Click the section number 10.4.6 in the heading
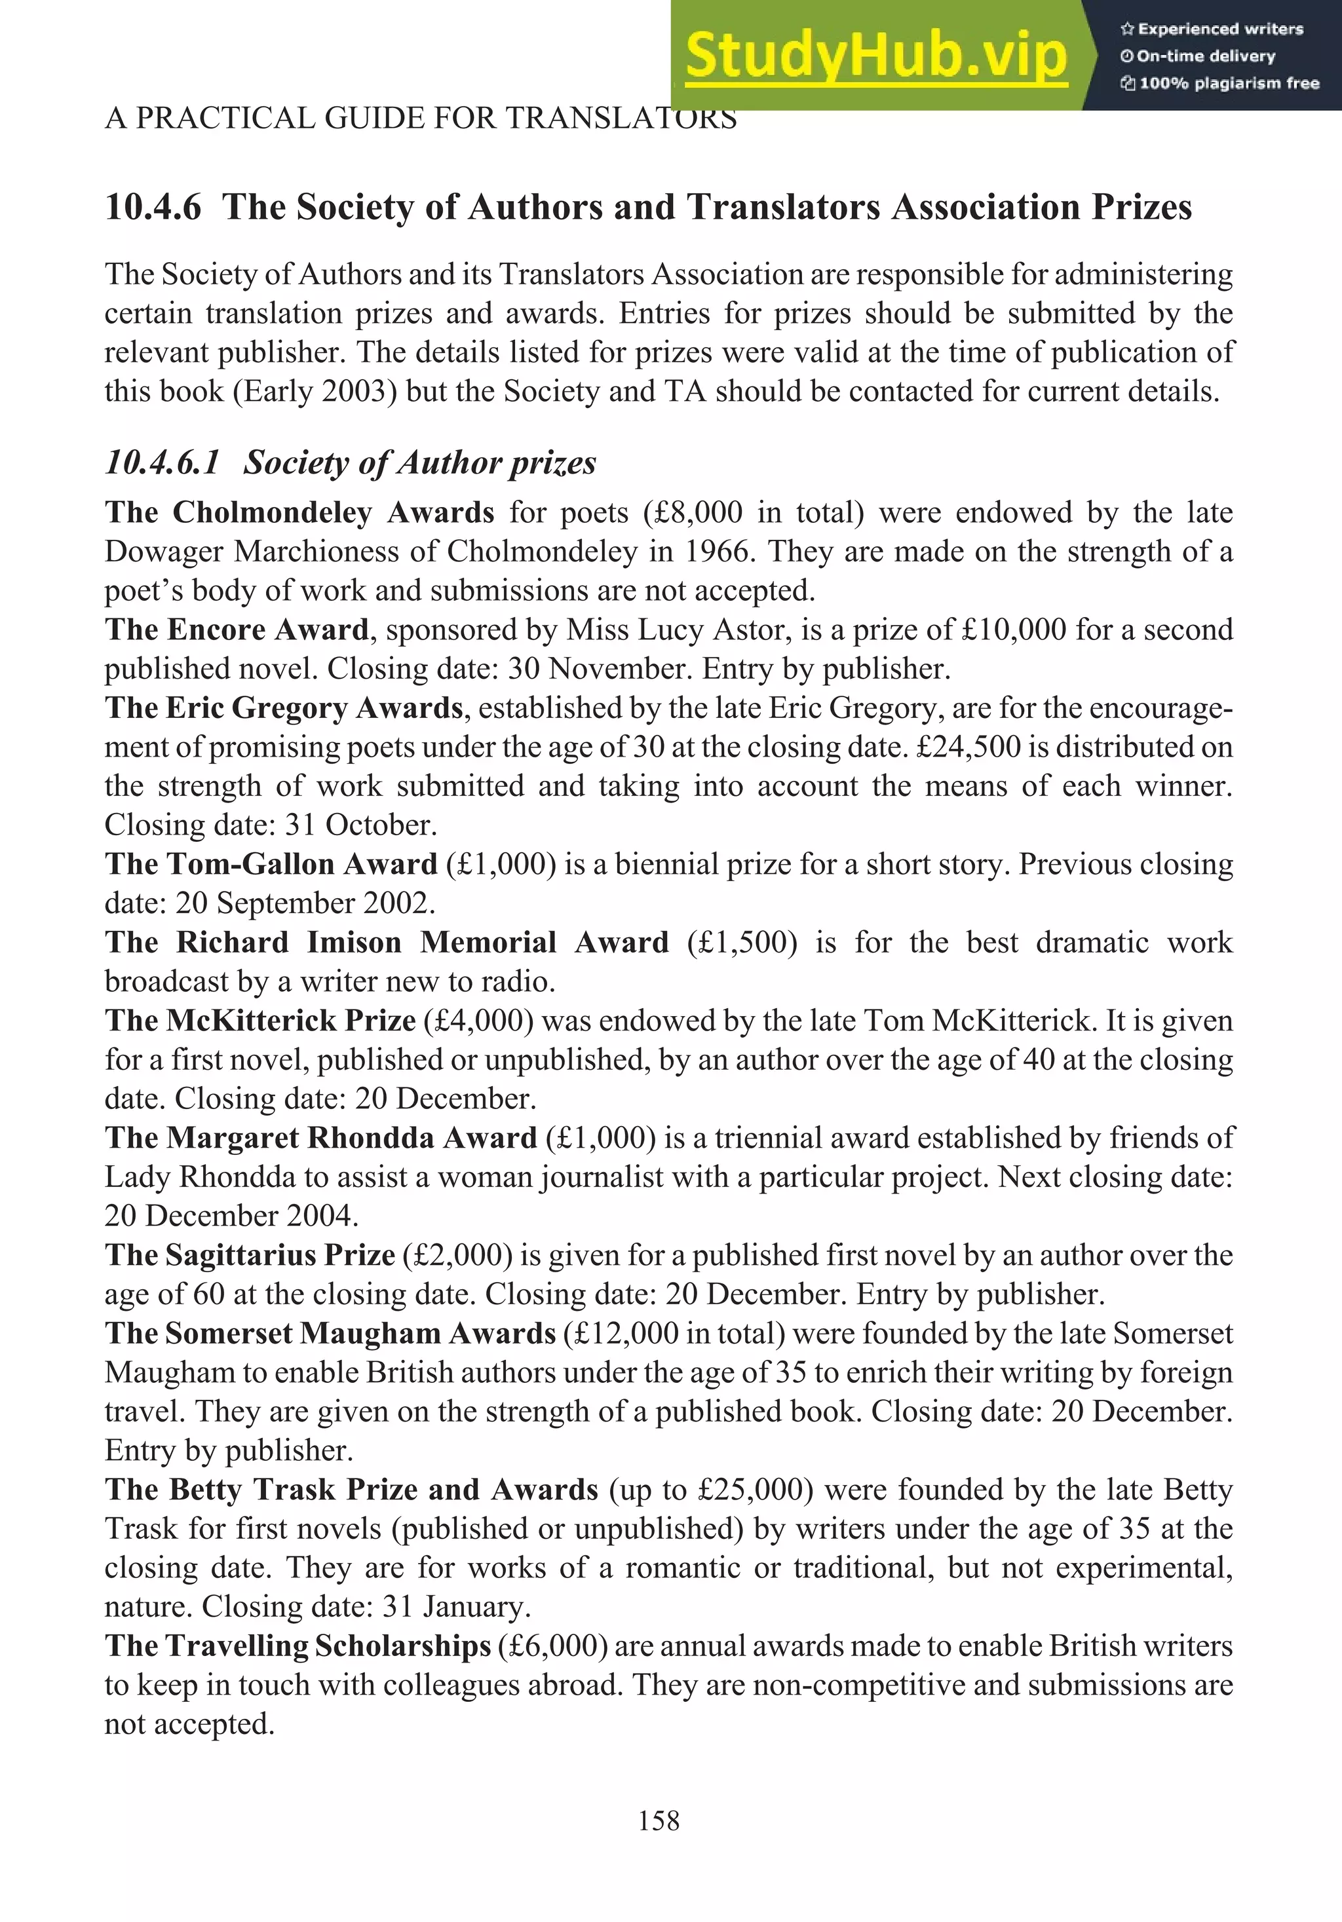pos(153,208)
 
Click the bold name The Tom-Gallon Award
pos(271,864)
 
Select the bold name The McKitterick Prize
pos(260,1021)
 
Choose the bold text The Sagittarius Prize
pos(250,1256)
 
